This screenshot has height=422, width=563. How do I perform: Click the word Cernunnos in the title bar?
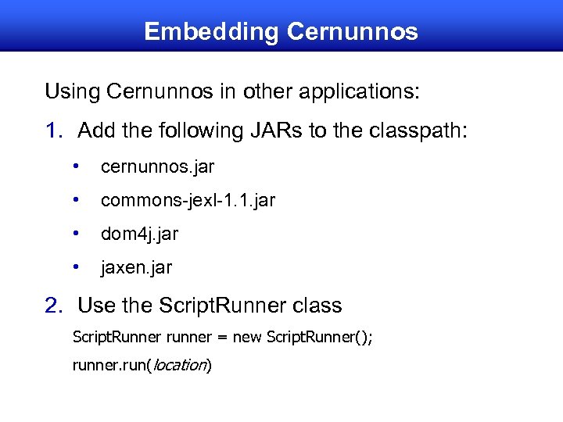coord(353,31)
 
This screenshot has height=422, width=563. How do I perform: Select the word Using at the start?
coord(70,91)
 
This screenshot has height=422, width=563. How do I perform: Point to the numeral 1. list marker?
coord(54,131)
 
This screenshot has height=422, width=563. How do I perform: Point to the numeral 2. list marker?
coord(54,304)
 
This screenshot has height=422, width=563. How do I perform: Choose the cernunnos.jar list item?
coord(157,167)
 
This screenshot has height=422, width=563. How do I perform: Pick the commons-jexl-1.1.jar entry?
coord(188,200)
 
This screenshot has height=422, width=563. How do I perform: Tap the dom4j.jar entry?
coord(139,234)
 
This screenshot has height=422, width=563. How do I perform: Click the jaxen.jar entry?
coord(136,267)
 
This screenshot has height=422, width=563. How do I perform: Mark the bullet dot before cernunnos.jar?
coord(76,166)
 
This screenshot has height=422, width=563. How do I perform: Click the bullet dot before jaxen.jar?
coord(76,266)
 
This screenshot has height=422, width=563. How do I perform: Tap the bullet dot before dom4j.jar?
coord(76,233)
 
